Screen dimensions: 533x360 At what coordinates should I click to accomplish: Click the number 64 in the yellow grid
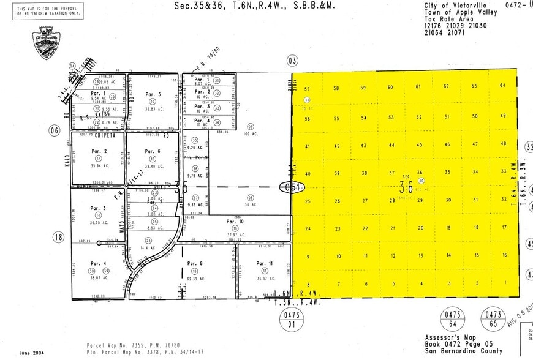pyautogui.click(x=503, y=85)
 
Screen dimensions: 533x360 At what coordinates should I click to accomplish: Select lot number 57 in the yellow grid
pyautogui.click(x=308, y=89)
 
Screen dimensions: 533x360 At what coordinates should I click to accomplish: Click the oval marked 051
pyautogui.click(x=290, y=187)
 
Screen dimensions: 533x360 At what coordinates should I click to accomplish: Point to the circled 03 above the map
pyautogui.click(x=292, y=60)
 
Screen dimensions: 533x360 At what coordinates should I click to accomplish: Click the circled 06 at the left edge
pyautogui.click(x=55, y=130)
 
